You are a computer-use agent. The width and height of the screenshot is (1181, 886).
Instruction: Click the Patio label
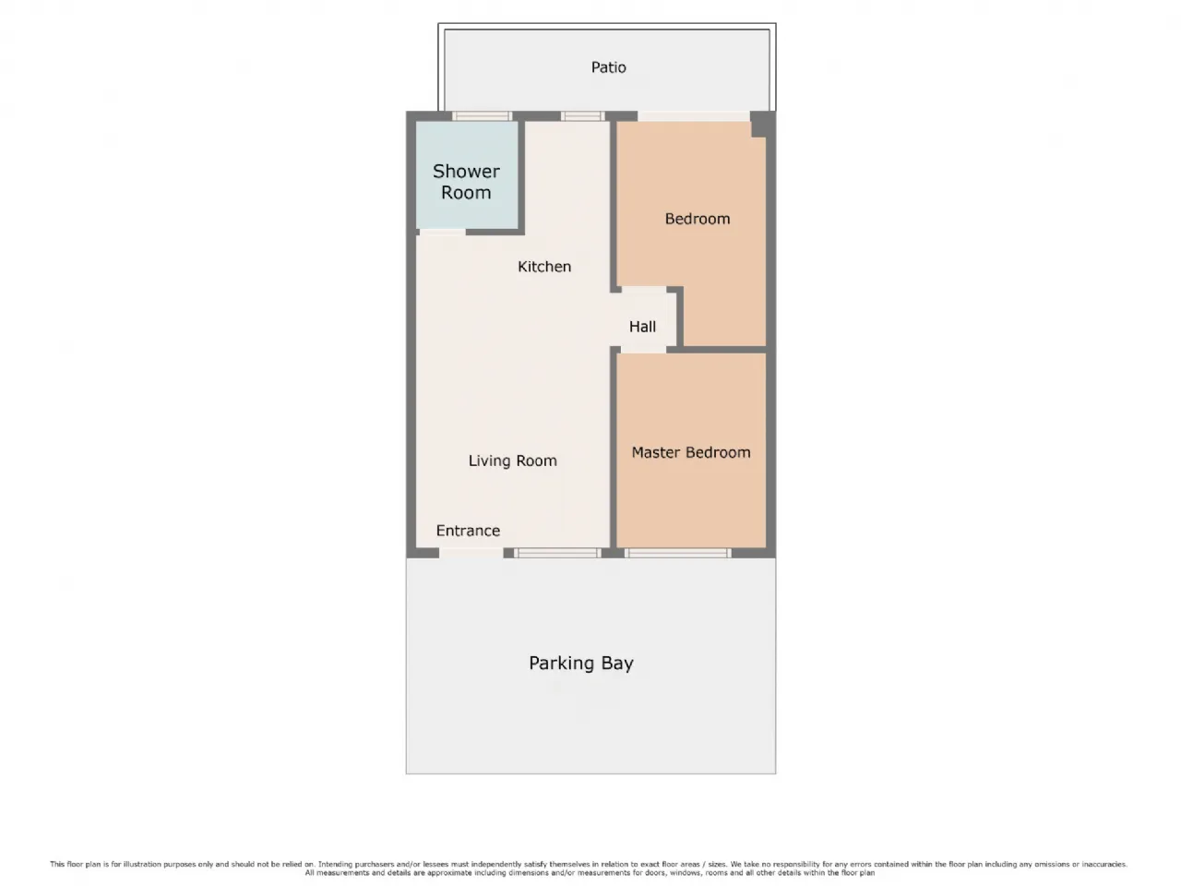click(x=608, y=67)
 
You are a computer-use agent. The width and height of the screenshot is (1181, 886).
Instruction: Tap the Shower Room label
click(x=466, y=182)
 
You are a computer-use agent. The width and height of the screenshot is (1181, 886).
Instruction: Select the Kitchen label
click(x=544, y=267)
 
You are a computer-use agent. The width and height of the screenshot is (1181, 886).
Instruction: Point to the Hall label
click(x=642, y=327)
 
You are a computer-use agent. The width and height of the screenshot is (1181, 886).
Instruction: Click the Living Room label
click(x=512, y=461)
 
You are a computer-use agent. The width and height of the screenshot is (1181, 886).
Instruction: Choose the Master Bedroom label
click(x=691, y=452)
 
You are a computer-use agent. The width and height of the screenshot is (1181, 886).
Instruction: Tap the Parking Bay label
click(x=581, y=664)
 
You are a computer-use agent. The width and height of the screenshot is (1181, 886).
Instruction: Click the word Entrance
click(x=468, y=531)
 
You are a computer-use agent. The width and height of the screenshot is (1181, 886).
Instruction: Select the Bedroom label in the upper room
click(x=698, y=219)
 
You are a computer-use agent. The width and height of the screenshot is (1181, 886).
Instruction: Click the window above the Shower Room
click(x=482, y=115)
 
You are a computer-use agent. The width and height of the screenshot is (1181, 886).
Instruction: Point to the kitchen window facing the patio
click(x=583, y=115)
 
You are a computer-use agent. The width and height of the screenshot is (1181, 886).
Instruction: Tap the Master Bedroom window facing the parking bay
click(x=678, y=553)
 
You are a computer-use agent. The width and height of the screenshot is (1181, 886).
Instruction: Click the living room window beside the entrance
click(x=557, y=553)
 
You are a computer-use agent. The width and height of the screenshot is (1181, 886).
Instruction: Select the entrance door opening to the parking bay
click(x=471, y=553)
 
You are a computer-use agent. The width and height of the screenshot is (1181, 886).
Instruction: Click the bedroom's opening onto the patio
click(x=694, y=116)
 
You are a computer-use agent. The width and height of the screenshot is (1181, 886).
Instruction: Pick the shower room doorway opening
click(x=442, y=232)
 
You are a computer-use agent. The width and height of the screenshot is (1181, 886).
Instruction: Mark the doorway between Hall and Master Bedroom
click(x=643, y=350)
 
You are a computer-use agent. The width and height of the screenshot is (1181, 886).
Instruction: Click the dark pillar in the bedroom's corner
click(x=762, y=125)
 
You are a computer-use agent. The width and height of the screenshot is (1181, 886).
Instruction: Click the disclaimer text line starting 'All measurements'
click(x=590, y=873)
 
